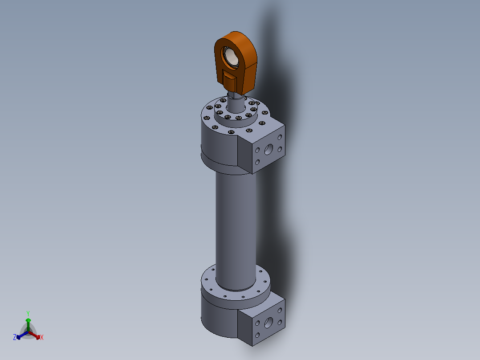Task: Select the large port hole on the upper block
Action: (268, 149)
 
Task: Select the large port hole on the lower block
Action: (268, 323)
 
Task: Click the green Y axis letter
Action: (28, 314)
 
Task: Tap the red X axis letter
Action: (42, 337)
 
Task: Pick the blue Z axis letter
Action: (15, 337)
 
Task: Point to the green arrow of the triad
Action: (28, 325)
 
